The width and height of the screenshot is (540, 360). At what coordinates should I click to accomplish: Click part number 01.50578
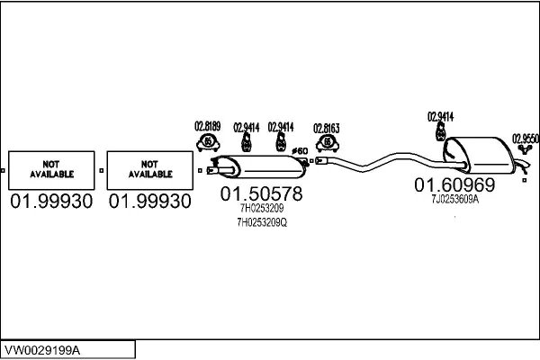(x=262, y=193)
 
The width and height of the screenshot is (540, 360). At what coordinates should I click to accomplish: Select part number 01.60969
(x=454, y=185)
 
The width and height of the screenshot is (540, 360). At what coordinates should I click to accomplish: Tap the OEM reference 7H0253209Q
(x=262, y=221)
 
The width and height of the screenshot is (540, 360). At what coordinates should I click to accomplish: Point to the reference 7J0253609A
(x=454, y=201)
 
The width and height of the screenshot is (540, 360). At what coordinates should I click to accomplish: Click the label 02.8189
(x=209, y=127)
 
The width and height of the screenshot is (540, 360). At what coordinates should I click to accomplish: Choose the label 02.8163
(x=326, y=128)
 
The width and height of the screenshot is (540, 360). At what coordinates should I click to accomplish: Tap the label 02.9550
(x=526, y=139)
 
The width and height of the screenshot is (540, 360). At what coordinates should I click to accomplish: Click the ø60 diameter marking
(x=301, y=150)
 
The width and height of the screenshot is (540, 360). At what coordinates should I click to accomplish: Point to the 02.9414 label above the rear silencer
(x=440, y=116)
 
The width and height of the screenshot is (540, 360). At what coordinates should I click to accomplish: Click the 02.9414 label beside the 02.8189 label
(x=246, y=128)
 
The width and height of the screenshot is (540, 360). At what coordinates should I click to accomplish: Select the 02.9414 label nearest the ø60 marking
(x=281, y=128)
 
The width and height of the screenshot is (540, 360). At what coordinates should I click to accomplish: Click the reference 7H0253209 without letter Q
(x=260, y=208)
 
